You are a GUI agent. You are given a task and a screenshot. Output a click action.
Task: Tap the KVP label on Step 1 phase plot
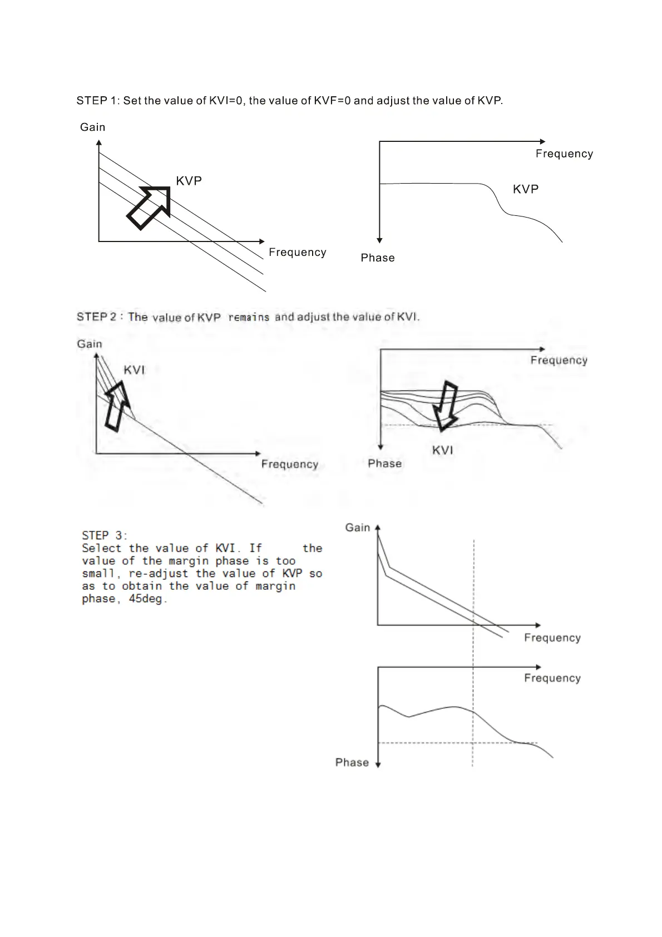coord(526,189)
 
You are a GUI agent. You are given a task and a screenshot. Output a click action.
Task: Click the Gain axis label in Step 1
coord(92,127)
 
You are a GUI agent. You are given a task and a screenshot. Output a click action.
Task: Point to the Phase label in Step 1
coord(378,258)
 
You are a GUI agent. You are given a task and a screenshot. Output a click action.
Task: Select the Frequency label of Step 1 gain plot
coord(298,252)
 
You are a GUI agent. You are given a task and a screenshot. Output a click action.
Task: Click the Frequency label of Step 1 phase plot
coord(564,154)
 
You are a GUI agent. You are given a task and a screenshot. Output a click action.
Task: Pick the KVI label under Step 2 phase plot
coord(443,450)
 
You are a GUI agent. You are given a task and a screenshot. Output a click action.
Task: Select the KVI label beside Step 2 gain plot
coord(134,370)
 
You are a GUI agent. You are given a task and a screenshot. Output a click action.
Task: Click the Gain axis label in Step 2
coord(90,344)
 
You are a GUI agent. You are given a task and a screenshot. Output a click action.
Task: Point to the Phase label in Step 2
coord(384,463)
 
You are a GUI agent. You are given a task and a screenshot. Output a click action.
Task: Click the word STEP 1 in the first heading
coord(97,101)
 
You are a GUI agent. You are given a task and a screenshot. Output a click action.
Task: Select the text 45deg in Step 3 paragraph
coord(147,599)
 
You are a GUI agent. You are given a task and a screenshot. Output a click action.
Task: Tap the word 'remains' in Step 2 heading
coord(249,318)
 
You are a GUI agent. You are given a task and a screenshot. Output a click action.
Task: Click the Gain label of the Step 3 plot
coord(357,527)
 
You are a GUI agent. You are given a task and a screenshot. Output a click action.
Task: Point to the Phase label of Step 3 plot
coord(352,762)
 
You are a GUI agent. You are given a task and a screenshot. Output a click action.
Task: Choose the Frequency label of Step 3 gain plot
coord(552,638)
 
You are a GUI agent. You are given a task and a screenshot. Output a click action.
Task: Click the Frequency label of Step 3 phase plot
coord(552,678)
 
